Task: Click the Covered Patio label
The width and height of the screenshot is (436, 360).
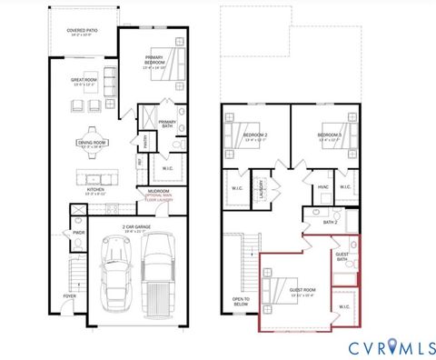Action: (x=83, y=33)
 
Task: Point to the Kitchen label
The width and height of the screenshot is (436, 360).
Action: (x=95, y=192)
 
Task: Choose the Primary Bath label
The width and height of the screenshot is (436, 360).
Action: (x=168, y=123)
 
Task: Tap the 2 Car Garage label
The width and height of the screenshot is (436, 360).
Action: (x=134, y=228)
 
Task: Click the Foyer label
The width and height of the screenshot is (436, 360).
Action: (x=69, y=296)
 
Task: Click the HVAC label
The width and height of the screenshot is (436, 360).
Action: (x=322, y=188)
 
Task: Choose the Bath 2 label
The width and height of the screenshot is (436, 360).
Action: (x=331, y=222)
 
